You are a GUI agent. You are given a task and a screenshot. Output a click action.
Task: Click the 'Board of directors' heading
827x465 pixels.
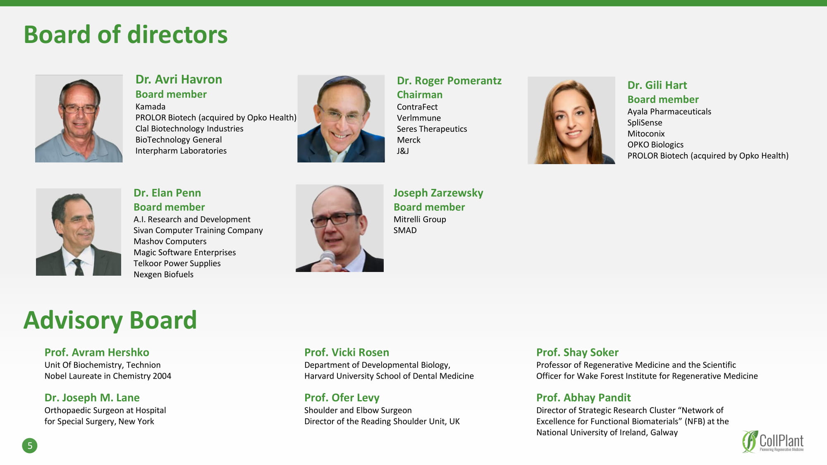126,34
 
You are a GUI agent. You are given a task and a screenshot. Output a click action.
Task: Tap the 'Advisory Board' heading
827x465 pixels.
110,320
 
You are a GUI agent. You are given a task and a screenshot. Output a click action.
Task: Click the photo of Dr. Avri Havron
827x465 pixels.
79,119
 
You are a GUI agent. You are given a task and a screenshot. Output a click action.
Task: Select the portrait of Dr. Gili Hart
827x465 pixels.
571,120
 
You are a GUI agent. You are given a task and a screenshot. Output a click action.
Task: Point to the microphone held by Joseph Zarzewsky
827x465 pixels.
326,260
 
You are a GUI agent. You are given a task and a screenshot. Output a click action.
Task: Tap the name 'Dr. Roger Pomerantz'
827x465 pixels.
449,81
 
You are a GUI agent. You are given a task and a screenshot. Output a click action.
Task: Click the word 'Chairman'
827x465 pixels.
420,95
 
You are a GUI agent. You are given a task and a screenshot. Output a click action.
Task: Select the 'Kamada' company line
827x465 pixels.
151,107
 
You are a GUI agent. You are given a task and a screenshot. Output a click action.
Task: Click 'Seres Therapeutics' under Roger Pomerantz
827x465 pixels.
432,129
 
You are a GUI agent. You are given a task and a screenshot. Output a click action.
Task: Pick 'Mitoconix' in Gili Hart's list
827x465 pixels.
646,134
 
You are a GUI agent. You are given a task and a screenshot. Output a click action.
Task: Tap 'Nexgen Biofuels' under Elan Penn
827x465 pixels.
163,274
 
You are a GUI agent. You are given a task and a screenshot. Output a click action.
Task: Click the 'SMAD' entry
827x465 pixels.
405,230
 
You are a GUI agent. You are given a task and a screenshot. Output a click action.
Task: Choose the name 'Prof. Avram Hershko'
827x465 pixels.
97,352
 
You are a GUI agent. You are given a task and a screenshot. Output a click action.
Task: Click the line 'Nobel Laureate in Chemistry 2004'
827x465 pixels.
108,376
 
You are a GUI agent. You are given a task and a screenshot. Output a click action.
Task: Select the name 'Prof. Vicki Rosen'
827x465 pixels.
347,352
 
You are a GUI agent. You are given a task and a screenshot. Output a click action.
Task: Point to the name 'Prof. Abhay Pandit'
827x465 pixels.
583,398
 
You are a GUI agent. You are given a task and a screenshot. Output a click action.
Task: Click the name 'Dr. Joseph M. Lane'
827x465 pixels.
92,398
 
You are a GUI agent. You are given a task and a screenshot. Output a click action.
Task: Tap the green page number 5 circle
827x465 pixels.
30,446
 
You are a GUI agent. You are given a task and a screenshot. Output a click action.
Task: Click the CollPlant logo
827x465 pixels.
773,441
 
